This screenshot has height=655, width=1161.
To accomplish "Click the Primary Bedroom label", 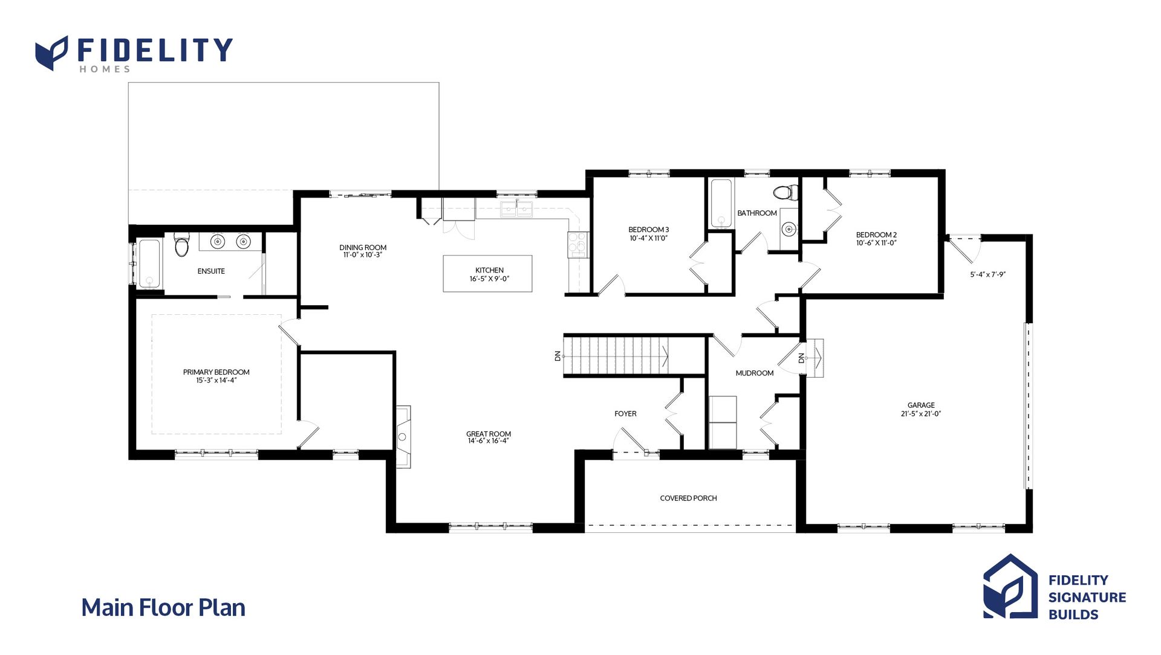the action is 216,372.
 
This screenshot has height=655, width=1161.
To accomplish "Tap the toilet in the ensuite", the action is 181,244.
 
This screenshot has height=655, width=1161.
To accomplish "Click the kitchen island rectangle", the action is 487,274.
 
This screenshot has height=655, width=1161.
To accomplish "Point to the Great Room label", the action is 489,434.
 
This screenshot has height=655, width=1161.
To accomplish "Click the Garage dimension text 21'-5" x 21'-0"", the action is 921,414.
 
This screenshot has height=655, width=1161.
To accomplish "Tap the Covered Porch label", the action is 688,499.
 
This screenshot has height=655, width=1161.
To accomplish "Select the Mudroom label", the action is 755,373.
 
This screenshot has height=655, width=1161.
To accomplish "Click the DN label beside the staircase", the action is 558,357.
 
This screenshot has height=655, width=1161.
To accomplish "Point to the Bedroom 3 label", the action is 648,230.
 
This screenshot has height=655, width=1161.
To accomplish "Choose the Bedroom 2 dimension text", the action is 876,243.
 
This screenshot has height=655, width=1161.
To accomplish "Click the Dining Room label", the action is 363,247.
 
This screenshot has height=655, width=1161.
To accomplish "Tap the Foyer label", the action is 625,414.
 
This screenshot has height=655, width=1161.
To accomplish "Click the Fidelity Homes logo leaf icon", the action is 51,53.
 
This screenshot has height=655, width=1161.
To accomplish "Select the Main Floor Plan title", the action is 163,608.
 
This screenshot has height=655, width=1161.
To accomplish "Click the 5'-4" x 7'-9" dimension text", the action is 987,274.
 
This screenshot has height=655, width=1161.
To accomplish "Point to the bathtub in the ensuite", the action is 149,263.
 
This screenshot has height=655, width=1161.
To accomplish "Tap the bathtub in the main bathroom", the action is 721,203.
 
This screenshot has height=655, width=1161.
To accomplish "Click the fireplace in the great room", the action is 403,436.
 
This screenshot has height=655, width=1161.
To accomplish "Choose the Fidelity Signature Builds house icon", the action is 1010,587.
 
